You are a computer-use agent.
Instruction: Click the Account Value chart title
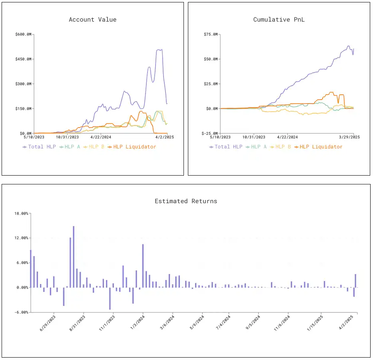pyautogui.click(x=93, y=20)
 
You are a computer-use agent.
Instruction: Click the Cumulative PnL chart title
pyautogui.click(x=279, y=20)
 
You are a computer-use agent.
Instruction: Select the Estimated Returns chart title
pyautogui.click(x=186, y=201)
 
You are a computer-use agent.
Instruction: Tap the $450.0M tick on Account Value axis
pyautogui.click(x=24, y=59)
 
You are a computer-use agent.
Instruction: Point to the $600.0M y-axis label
pyautogui.click(x=24, y=34)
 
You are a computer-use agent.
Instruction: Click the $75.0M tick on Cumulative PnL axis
pyautogui.click(x=211, y=34)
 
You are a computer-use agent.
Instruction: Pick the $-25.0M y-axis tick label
pyautogui.click(x=210, y=133)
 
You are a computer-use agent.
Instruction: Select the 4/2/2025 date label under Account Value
pyautogui.click(x=158, y=137)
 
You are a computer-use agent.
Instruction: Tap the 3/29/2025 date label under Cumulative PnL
pyautogui.click(x=349, y=137)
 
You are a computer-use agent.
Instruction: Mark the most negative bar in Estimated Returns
pyautogui.click(x=110, y=298)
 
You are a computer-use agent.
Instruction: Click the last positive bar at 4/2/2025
pyautogui.click(x=355, y=280)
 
